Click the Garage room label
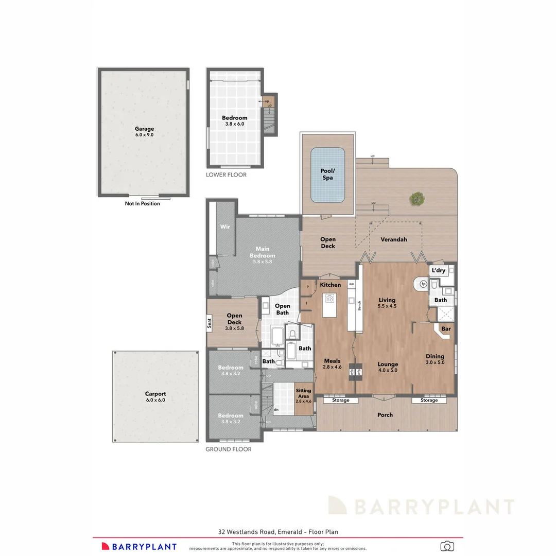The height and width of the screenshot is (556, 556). click(144, 129)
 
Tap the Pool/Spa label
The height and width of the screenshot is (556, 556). click(327, 174)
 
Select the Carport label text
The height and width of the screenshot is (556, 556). click(155, 394)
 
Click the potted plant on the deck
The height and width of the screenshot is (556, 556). click(417, 198)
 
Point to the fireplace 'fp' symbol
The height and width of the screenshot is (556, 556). click(424, 284)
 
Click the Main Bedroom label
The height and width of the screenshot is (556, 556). click(263, 252)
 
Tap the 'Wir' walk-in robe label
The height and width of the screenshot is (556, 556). click(224, 227)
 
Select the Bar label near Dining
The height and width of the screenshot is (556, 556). click(446, 328)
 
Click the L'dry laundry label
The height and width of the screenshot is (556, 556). click(439, 270)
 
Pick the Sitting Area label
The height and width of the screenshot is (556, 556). click(303, 393)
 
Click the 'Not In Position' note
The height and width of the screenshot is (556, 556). click(142, 203)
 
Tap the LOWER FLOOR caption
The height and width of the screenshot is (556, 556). click(226, 175)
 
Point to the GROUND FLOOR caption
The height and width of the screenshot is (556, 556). click(229, 449)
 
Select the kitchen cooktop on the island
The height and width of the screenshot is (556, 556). click(329, 298)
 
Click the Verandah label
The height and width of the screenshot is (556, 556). click(394, 239)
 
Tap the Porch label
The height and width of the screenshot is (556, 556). click(385, 415)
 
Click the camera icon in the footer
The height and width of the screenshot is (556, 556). click(447, 546)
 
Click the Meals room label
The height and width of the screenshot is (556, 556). click(332, 361)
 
